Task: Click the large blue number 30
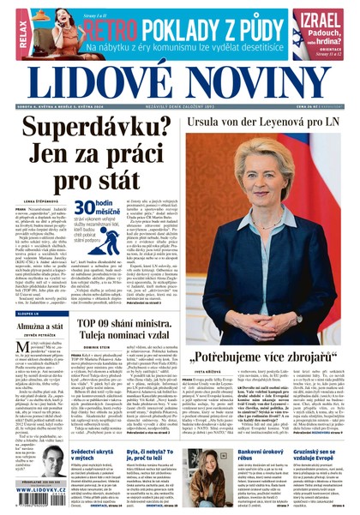87,207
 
